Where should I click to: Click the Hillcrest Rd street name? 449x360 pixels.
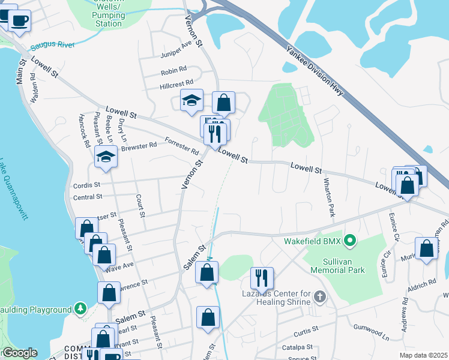pos(176,85)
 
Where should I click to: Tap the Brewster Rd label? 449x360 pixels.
pos(139,146)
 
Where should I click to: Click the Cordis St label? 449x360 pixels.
pos(87,185)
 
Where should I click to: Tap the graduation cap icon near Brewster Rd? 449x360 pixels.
pos(106,156)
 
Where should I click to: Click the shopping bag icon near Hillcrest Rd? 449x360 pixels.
pos(223,102)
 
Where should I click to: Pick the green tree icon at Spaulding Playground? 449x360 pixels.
pos(79,308)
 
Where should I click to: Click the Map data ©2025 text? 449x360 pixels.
pos(422,355)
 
